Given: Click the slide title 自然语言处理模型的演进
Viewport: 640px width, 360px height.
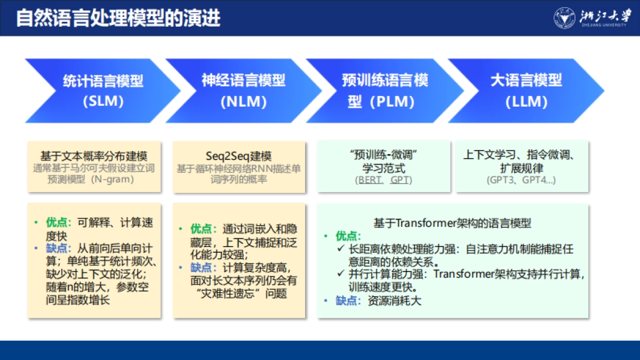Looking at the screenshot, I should pyautogui.click(x=118, y=18).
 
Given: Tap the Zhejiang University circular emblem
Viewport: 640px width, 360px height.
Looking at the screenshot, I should pyautogui.click(x=564, y=18).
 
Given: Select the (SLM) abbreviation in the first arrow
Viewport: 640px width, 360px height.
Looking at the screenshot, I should pyautogui.click(x=103, y=101).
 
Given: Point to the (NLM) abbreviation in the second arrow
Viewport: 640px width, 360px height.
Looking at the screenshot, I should pyautogui.click(x=243, y=101).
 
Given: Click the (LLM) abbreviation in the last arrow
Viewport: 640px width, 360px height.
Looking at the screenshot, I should pyautogui.click(x=526, y=101).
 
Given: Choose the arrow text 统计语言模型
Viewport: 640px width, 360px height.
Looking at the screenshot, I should pyautogui.click(x=103, y=81).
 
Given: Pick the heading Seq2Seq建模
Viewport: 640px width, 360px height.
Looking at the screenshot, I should pyautogui.click(x=239, y=156).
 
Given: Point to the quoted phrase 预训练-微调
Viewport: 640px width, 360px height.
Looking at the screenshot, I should pyautogui.click(x=384, y=156).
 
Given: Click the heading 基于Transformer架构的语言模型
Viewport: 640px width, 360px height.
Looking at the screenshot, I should pyautogui.click(x=452, y=223).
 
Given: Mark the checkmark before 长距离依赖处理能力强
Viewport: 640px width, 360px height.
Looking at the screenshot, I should pyautogui.click(x=341, y=249).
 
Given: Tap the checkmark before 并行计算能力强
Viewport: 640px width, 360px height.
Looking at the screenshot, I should pyautogui.click(x=341, y=275).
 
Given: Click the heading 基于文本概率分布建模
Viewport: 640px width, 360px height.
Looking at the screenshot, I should pyautogui.click(x=94, y=156).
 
